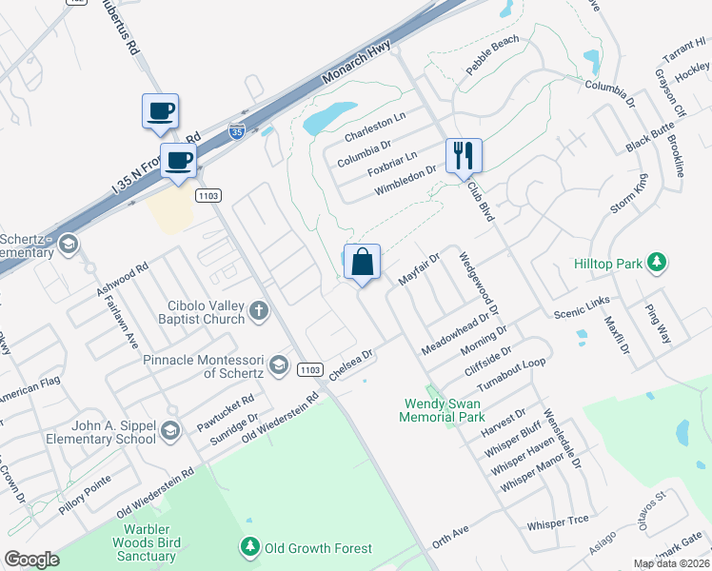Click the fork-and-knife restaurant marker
[464, 156]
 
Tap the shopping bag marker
[362, 263]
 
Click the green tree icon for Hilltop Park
[655, 262]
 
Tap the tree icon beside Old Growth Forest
[249, 548]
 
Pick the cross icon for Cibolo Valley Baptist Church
[258, 311]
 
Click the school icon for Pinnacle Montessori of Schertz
[279, 364]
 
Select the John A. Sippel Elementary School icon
[170, 430]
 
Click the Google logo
[32, 560]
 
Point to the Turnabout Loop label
[512, 374]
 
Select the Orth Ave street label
[450, 536]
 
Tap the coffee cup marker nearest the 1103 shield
[178, 160]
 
